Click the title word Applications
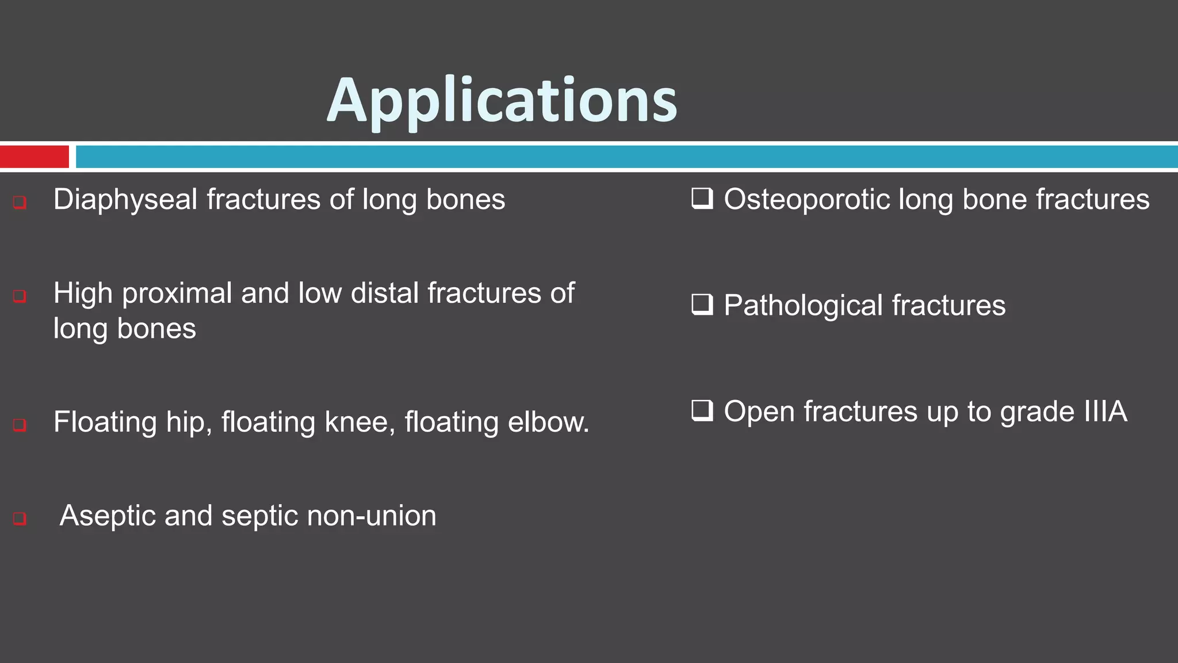[x=502, y=101]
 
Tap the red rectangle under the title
[x=35, y=157]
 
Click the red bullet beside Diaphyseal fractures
[x=20, y=202]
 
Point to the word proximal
[x=177, y=294]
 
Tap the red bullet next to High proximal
[x=20, y=296]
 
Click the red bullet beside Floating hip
[x=20, y=425]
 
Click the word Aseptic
[x=108, y=516]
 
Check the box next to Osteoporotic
[x=702, y=199]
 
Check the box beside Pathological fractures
[x=702, y=304]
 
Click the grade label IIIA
[x=1105, y=412]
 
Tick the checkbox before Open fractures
[x=702, y=410]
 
